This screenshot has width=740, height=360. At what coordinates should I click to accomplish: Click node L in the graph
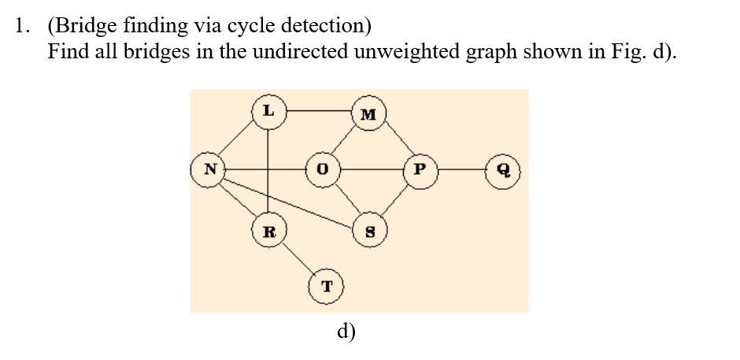pos(268,110)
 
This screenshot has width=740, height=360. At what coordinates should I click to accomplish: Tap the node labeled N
pos(209,169)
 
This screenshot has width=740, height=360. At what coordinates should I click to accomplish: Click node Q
pos(502,169)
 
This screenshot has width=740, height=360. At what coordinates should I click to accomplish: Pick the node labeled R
pos(268,232)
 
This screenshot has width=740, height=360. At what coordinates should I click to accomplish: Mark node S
pos(367,232)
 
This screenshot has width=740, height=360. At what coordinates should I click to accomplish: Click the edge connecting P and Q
pos(461,169)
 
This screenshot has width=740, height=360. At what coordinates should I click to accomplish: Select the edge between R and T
pos(297,258)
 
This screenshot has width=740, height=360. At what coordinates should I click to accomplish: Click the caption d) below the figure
pos(346,331)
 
